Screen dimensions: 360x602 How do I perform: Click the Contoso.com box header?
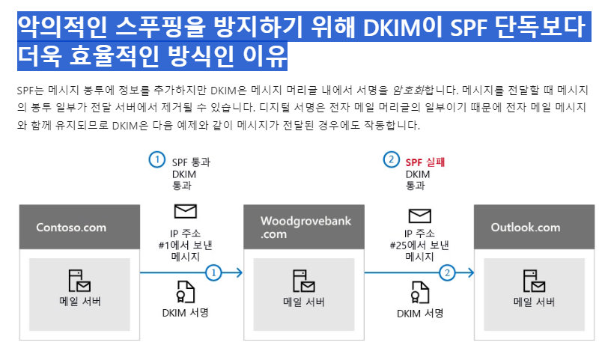(71, 228)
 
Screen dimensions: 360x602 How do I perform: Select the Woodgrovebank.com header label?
(305, 227)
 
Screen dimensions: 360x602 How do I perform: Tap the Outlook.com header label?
(526, 228)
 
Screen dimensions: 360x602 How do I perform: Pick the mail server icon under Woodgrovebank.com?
(303, 281)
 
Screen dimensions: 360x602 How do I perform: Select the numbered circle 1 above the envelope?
(156, 159)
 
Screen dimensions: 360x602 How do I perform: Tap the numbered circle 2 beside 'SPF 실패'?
(391, 159)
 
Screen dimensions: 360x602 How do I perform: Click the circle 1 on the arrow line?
(215, 272)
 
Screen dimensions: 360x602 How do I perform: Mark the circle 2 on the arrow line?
(448, 272)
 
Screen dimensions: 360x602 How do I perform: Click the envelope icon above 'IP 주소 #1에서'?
(185, 211)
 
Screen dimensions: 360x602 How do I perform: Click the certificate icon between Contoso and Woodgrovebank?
(184, 290)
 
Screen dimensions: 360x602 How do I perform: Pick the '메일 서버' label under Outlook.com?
(534, 302)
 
